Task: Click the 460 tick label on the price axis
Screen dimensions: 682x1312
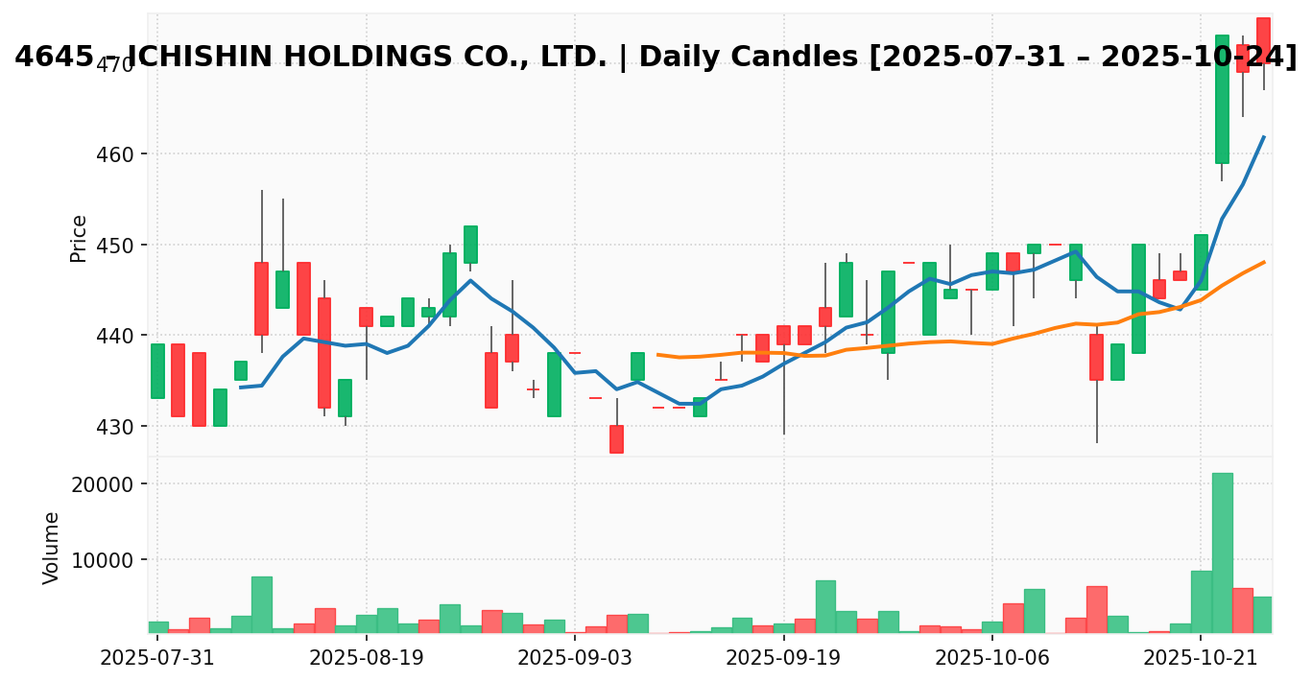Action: [120, 154]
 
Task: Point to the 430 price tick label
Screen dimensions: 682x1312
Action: [120, 426]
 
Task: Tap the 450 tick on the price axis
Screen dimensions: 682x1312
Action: [120, 245]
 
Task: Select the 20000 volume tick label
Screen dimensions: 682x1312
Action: [107, 483]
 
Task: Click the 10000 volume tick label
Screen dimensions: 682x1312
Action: [107, 559]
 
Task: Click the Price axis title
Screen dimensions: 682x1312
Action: [79, 238]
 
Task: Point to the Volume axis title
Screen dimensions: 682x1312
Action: [52, 548]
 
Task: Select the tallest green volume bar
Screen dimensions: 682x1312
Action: [1222, 553]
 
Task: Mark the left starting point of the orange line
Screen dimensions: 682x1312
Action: [657, 354]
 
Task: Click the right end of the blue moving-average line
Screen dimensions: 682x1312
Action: [1264, 136]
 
